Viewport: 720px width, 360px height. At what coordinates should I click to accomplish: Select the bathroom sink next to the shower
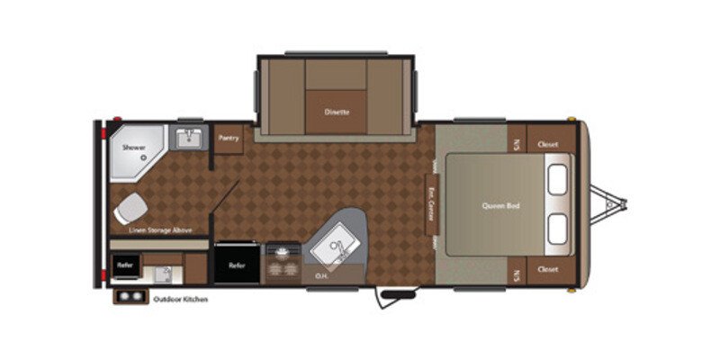click(190, 139)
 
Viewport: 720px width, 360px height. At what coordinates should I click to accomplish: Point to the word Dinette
click(337, 112)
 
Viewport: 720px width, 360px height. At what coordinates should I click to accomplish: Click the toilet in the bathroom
click(129, 209)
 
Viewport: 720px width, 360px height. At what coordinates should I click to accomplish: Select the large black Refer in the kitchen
click(238, 265)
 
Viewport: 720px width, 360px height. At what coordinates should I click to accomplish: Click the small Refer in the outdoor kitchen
click(125, 265)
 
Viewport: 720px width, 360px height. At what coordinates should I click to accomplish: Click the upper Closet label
click(547, 144)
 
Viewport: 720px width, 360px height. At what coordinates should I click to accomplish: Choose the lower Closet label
click(547, 269)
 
